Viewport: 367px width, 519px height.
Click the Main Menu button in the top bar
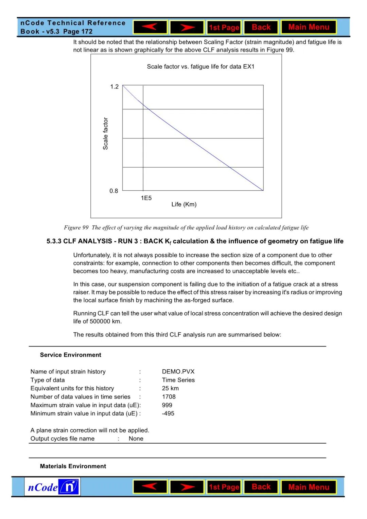click(x=309, y=27)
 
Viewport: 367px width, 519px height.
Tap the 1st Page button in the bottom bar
click(x=224, y=487)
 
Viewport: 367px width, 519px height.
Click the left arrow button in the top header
click(x=150, y=27)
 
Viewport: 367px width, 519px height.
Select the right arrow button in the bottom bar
click(x=187, y=487)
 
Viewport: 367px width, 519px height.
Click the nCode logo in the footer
click(x=52, y=487)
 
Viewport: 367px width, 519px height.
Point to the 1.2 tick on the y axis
click(x=115, y=87)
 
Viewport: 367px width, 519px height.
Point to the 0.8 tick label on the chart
click(x=114, y=191)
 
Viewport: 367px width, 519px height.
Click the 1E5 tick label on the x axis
click(x=146, y=198)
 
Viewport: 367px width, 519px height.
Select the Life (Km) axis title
click(x=184, y=204)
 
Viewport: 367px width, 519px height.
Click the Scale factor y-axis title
click(x=105, y=134)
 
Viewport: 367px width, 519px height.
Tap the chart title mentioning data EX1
click(x=200, y=67)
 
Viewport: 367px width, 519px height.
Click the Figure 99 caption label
click(x=76, y=228)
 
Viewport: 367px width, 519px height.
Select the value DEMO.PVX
click(x=178, y=372)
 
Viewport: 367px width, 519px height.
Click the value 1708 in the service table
click(x=169, y=397)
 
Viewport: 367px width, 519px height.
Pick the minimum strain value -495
click(x=168, y=413)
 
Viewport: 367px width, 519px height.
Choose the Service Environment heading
click(x=71, y=355)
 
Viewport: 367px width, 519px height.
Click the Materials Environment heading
click(x=73, y=466)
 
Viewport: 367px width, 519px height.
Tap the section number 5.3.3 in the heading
click(x=54, y=241)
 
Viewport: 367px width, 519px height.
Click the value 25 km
click(x=170, y=388)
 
